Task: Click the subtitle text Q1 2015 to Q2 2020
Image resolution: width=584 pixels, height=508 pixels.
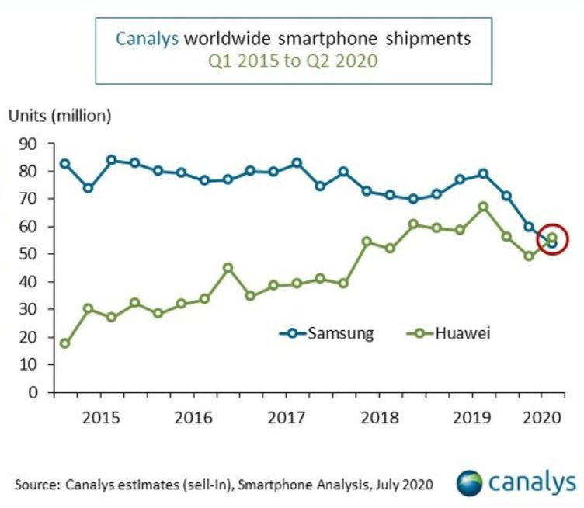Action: pos(294,60)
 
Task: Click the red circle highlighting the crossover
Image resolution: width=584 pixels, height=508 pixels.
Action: pos(552,240)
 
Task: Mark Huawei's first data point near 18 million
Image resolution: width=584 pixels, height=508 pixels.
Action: pos(65,343)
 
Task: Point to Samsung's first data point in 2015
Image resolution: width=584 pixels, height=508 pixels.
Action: pos(65,164)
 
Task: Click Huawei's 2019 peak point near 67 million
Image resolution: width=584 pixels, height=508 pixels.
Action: pos(483,207)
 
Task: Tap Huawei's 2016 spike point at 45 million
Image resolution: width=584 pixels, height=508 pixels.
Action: pos(228,268)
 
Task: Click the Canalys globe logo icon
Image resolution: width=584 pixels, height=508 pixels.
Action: pos(468,482)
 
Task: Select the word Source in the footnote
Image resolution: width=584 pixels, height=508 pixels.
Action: pos(34,484)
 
